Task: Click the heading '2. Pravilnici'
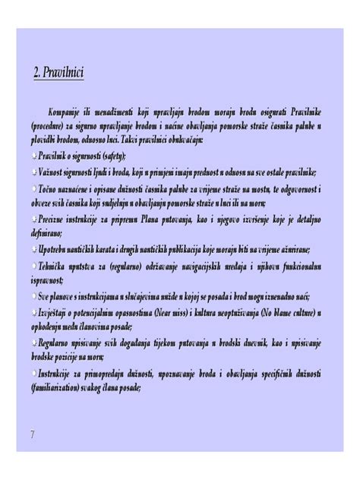pyautogui.click(x=58, y=73)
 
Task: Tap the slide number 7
pyautogui.click(x=33, y=434)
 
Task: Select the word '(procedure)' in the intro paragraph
pyautogui.click(x=52, y=125)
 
